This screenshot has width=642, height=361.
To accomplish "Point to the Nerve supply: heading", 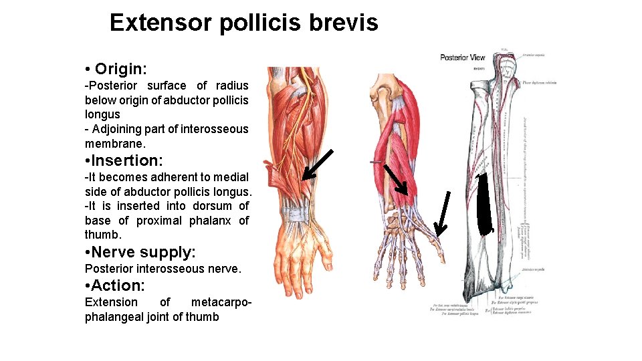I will click(x=140, y=253).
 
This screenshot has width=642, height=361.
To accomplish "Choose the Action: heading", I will click(x=115, y=285).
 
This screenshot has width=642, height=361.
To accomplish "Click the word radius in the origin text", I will click(x=232, y=86).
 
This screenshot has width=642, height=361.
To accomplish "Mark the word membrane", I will click(x=114, y=144).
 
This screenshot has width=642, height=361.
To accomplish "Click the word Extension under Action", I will click(x=111, y=302).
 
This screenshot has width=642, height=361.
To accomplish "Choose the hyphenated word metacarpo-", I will click(x=221, y=302).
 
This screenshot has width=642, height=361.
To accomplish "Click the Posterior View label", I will click(x=462, y=57).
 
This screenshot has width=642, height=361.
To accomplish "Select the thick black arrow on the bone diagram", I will click(x=485, y=204).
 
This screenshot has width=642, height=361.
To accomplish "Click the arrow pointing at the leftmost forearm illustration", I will click(x=318, y=164).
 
